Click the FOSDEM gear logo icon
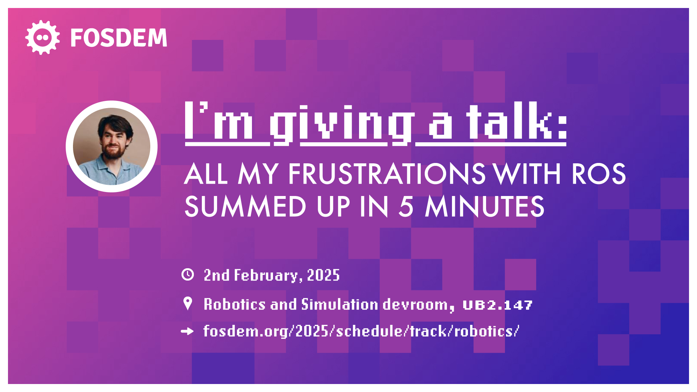pyautogui.click(x=42, y=37)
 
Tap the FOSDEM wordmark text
pyautogui.click(x=119, y=38)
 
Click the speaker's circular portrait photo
pyautogui.click(x=111, y=146)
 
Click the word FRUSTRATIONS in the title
pyautogui.click(x=387, y=174)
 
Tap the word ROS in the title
pyautogui.click(x=599, y=174)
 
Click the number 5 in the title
pyautogui.click(x=406, y=207)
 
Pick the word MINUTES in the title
pyautogui.click(x=485, y=206)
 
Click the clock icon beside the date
pyautogui.click(x=188, y=274)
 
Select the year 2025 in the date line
pyautogui.click(x=323, y=275)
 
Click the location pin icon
pyautogui.click(x=188, y=303)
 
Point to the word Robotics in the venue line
pyautogui.click(x=235, y=304)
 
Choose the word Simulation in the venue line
pyautogui.click(x=340, y=304)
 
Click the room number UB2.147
pyautogui.click(x=498, y=305)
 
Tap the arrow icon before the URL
pyautogui.click(x=187, y=331)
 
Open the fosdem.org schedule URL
pyautogui.click(x=361, y=331)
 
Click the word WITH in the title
pyautogui.click(x=528, y=174)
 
